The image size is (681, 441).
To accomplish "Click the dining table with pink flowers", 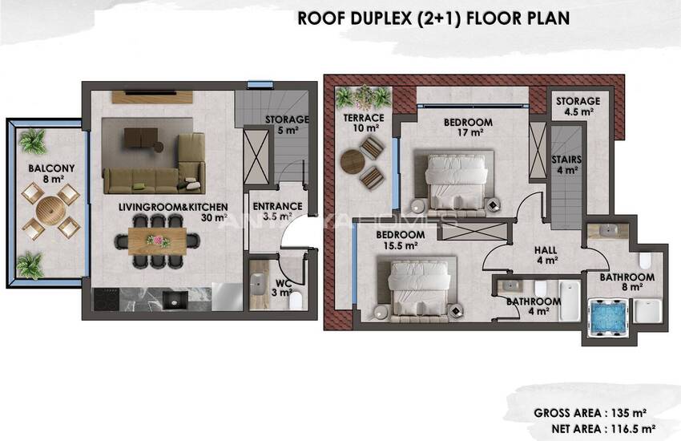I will tap(158, 240).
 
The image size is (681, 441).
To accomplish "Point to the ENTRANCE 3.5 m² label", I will tap(278, 211).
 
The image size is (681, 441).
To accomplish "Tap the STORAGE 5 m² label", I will tap(287, 124).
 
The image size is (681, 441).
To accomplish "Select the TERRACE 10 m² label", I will tap(364, 123).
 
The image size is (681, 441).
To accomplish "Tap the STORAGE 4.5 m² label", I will tap(577, 107).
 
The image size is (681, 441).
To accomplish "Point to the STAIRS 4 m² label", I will tap(566, 164).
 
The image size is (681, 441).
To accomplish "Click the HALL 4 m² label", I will tap(546, 254).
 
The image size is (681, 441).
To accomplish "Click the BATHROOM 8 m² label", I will tap(627, 282).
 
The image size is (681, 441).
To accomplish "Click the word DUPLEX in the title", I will tap(372, 18).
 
